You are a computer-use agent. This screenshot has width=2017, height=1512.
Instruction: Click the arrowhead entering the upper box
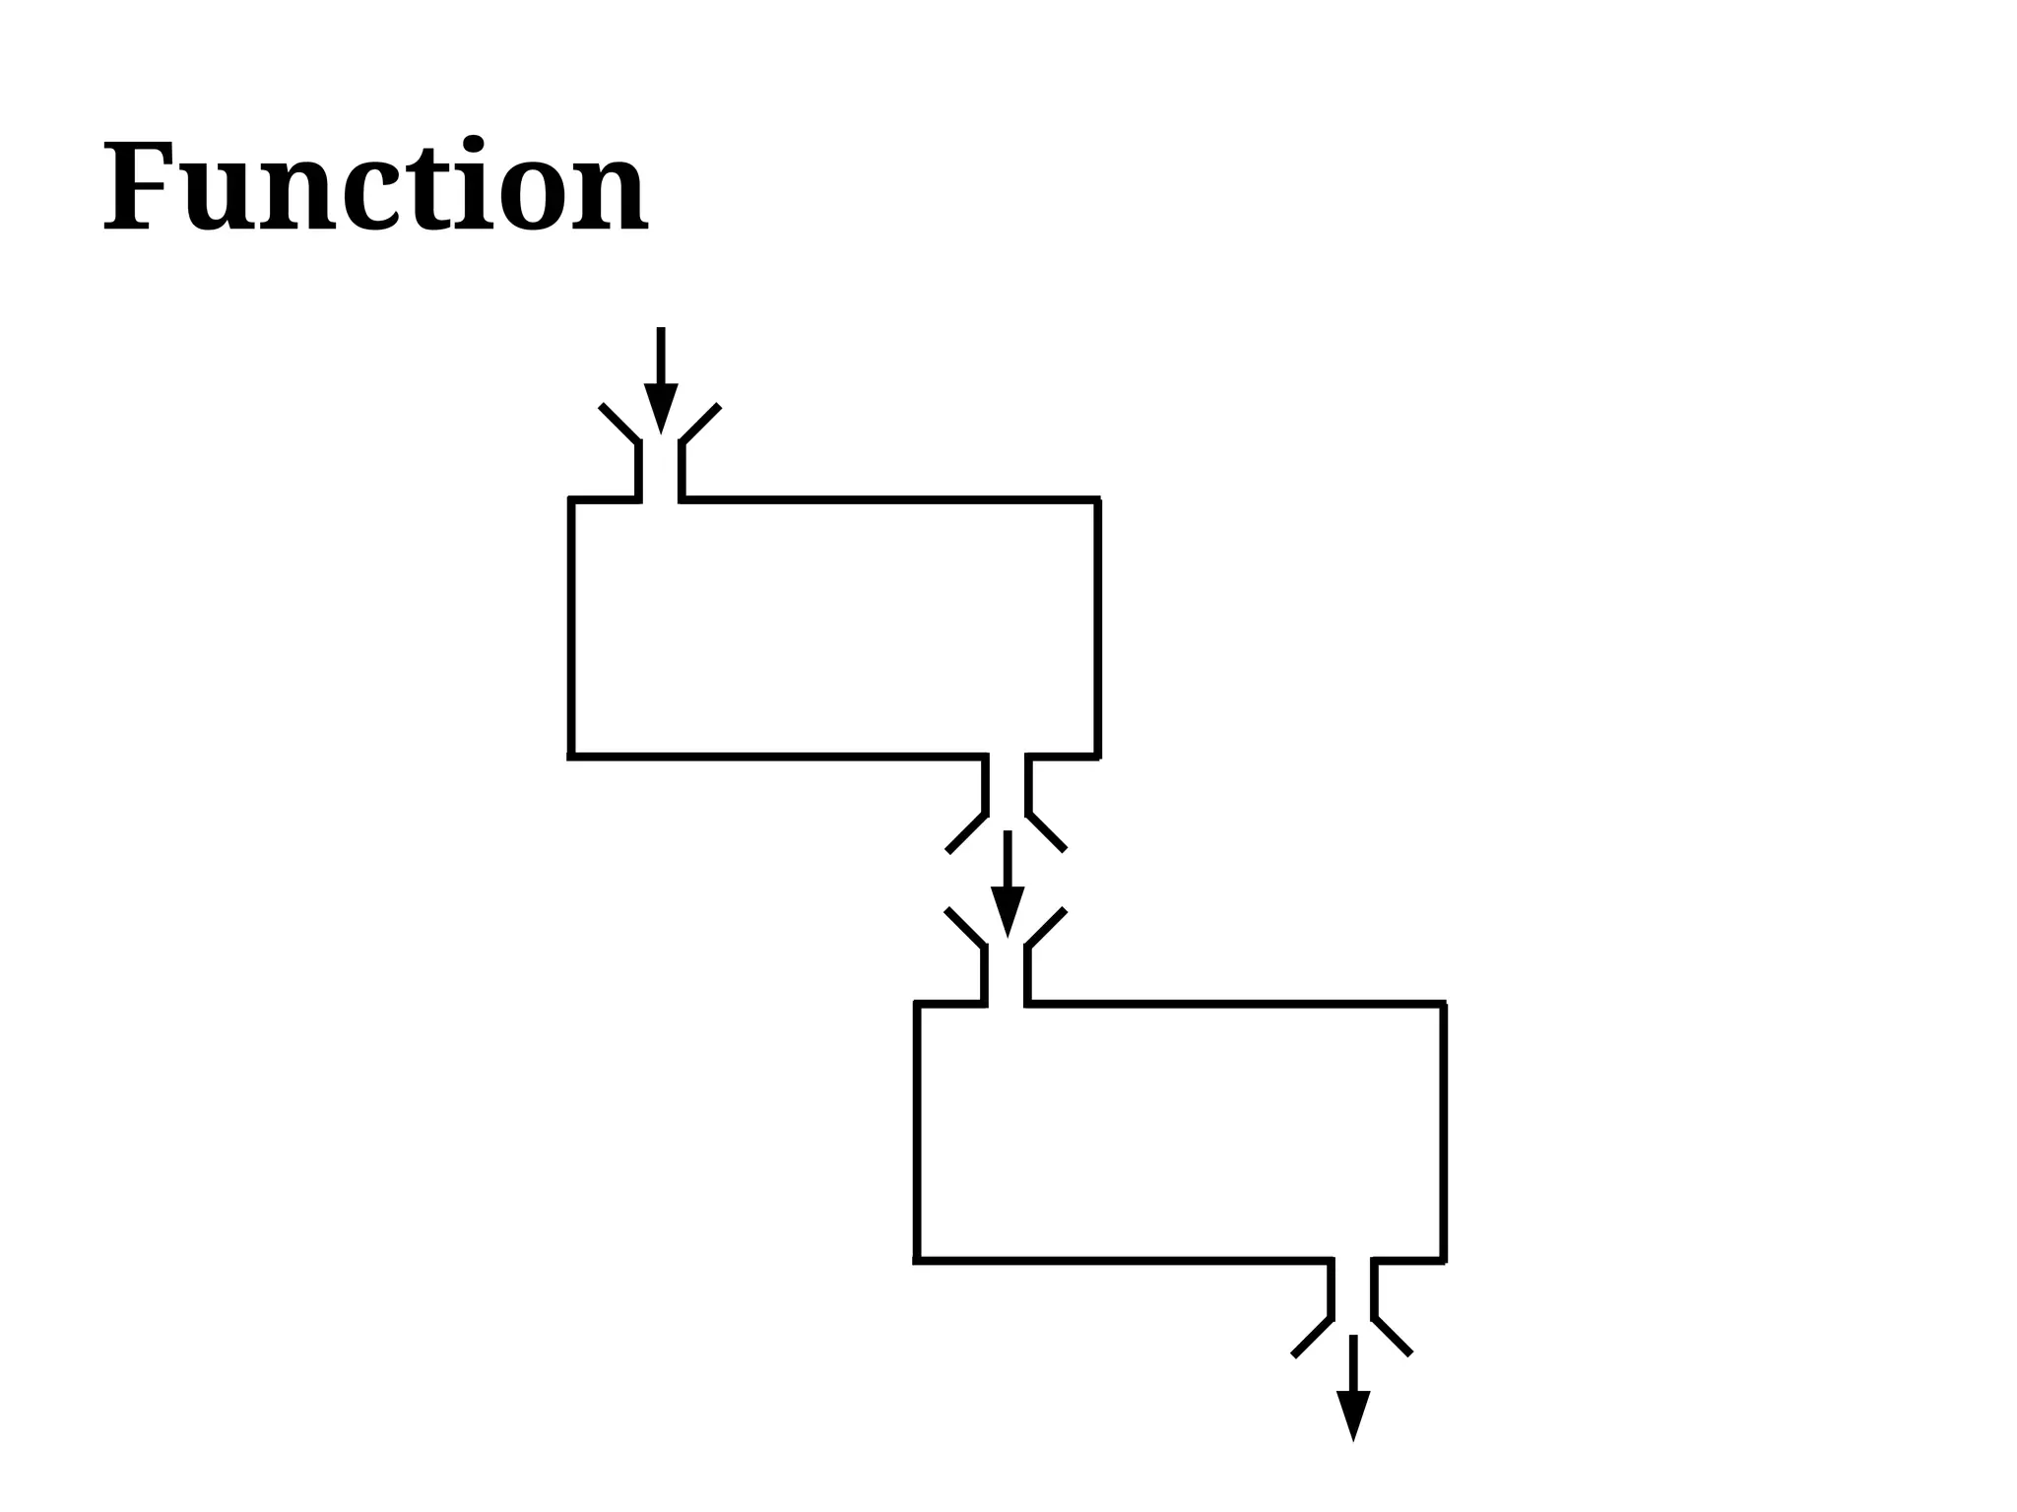(x=661, y=406)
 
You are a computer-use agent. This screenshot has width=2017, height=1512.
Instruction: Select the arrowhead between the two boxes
(x=1008, y=910)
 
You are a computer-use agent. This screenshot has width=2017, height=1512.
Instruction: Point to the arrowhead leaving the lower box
(x=1353, y=1414)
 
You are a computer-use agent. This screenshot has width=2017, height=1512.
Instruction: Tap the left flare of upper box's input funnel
(x=619, y=424)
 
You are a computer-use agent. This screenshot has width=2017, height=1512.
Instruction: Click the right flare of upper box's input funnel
(x=700, y=424)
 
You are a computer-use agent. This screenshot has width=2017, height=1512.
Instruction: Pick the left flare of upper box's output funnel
(x=966, y=832)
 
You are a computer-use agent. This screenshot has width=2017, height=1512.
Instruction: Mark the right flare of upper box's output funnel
(x=1047, y=832)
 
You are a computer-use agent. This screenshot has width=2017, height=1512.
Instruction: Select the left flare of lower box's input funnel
(x=965, y=927)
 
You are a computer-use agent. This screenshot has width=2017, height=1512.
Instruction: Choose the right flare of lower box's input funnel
(x=1047, y=927)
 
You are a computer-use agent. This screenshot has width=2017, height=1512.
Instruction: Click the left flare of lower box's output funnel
(x=1312, y=1337)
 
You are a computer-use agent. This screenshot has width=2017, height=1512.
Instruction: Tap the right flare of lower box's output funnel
(x=1393, y=1337)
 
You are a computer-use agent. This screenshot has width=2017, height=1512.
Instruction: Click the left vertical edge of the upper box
(x=571, y=628)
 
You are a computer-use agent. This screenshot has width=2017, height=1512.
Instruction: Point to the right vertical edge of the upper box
(x=1098, y=628)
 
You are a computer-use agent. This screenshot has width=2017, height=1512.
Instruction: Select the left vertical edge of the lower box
(x=917, y=1132)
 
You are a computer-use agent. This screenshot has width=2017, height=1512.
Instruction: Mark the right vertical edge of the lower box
(x=1444, y=1132)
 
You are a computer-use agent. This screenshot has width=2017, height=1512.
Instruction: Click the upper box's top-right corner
(x=1098, y=500)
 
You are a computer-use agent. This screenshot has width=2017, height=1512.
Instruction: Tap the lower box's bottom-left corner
(x=917, y=1261)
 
